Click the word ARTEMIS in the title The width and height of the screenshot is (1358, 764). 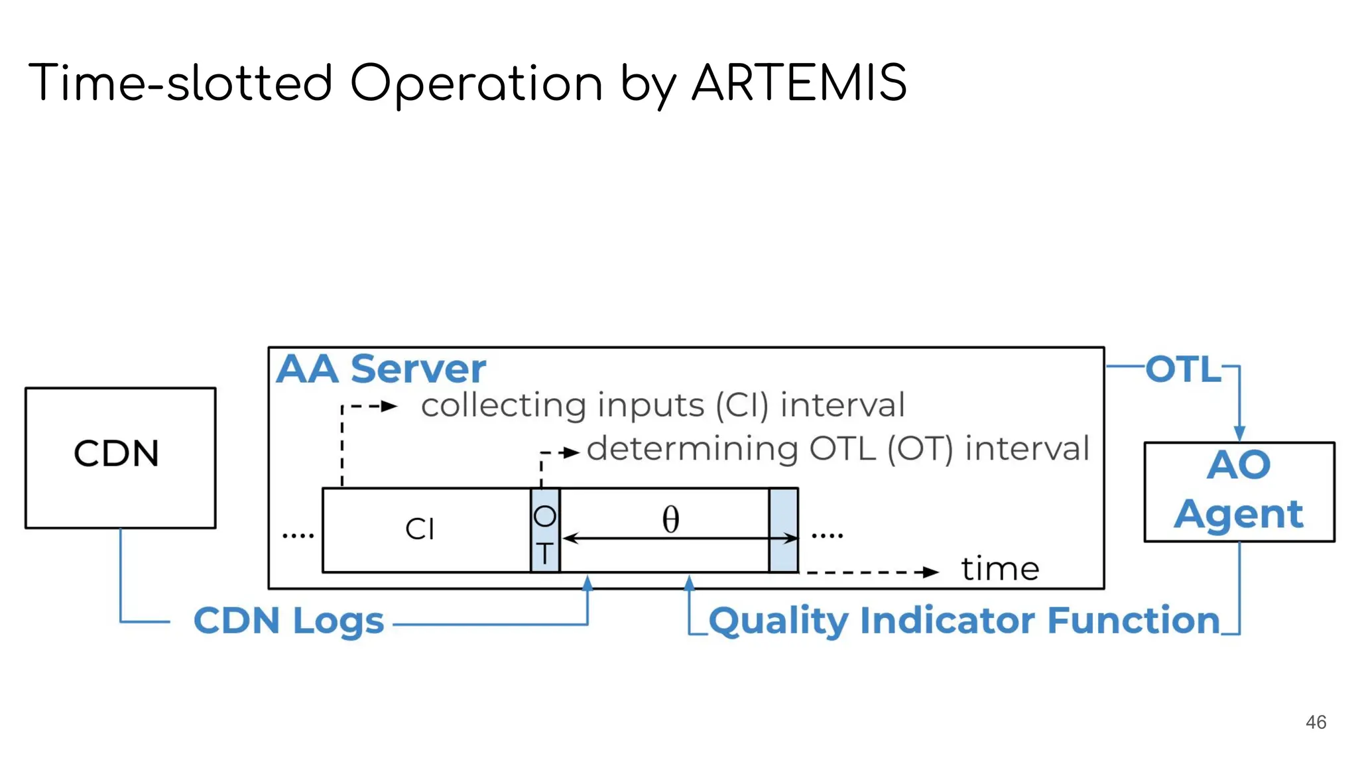(x=798, y=84)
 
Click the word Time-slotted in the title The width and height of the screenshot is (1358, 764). (x=179, y=84)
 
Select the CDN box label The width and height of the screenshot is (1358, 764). (x=117, y=454)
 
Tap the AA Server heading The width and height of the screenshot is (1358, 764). (x=381, y=369)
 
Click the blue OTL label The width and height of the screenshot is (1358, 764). (x=1183, y=369)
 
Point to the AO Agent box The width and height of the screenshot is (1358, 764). (x=1239, y=491)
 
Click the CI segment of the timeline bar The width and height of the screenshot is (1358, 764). (x=420, y=529)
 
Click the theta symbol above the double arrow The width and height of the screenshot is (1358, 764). (x=670, y=519)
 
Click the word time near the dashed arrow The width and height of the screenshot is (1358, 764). (x=1000, y=569)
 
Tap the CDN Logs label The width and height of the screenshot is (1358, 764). (x=288, y=621)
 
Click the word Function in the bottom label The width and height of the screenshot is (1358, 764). (x=1133, y=621)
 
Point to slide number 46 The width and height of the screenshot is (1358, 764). (x=1316, y=722)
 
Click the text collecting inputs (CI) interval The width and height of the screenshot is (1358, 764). (x=662, y=405)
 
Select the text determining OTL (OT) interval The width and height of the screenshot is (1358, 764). (x=837, y=449)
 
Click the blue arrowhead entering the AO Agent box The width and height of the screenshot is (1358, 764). (x=1239, y=434)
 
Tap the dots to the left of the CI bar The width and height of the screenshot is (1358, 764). (x=298, y=535)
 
